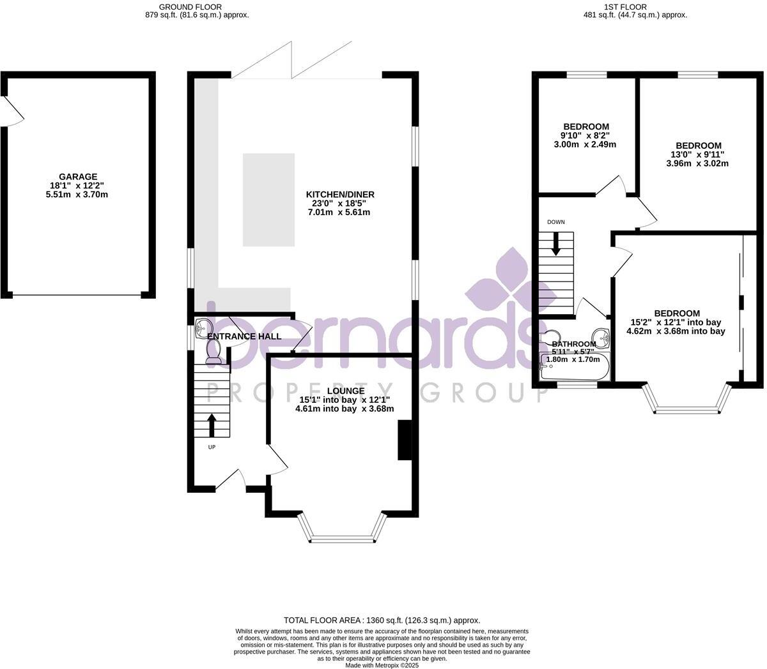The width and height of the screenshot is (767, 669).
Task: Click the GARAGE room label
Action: click(78, 177)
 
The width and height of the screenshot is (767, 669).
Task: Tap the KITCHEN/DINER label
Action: click(340, 195)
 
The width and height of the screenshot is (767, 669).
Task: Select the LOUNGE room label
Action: click(345, 391)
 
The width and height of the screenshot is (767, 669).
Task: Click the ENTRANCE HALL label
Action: click(245, 336)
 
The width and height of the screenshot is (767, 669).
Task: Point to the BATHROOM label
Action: click(574, 343)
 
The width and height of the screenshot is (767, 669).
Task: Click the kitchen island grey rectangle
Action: click(268, 200)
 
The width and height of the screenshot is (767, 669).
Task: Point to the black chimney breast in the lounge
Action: click(405, 440)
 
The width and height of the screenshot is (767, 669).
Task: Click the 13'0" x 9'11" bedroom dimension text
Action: click(697, 154)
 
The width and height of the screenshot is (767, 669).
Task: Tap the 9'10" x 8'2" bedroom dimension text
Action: click(586, 135)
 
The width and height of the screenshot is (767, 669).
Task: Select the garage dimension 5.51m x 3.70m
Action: click(77, 194)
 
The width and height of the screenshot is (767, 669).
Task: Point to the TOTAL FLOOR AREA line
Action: click(382, 620)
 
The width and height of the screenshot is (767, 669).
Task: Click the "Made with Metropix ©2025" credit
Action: click(382, 665)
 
